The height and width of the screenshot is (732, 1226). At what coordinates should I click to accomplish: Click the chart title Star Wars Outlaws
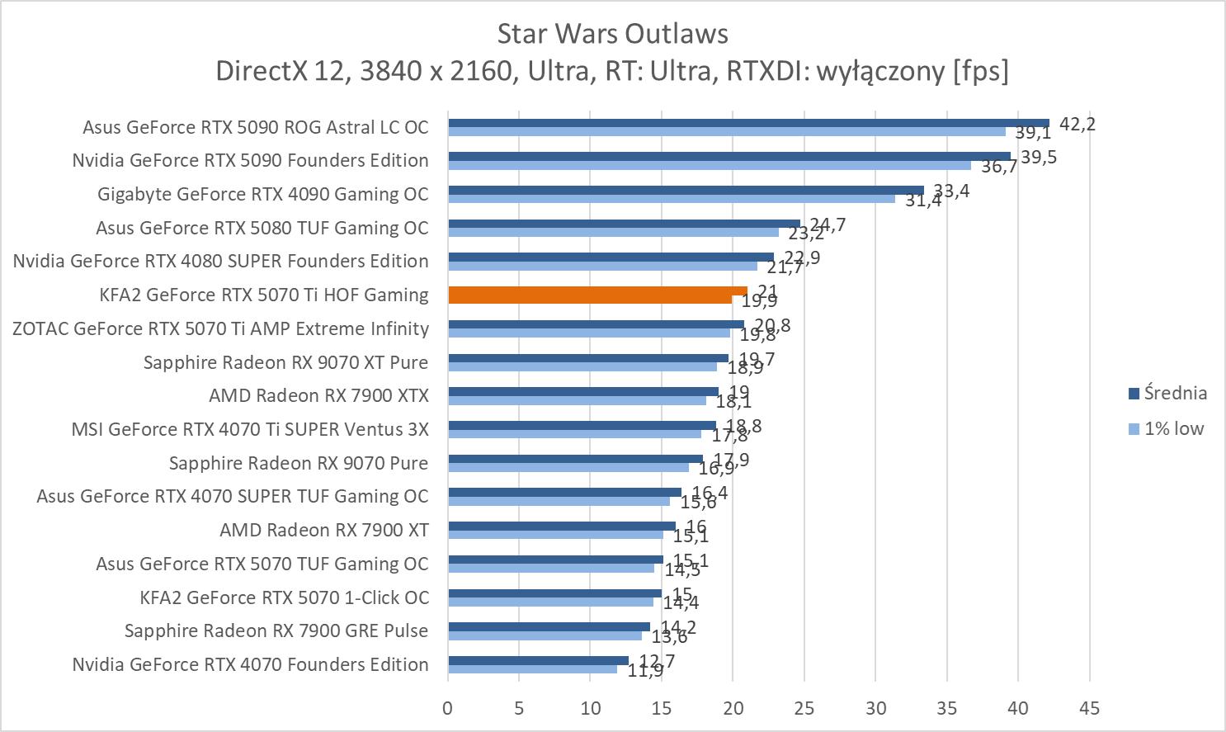(x=612, y=34)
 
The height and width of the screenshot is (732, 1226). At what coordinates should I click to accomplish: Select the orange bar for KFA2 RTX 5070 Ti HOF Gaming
(x=596, y=295)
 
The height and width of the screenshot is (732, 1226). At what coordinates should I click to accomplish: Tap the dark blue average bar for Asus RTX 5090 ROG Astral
(x=747, y=123)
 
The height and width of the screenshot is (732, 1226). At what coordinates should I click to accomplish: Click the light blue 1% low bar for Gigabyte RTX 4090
(x=671, y=198)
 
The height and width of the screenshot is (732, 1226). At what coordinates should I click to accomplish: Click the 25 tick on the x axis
(x=804, y=708)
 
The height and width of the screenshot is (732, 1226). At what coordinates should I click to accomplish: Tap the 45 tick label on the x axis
(x=1089, y=708)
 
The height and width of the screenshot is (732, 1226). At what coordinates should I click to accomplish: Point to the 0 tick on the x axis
(x=448, y=708)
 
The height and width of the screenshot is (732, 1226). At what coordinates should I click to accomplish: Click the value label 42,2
(x=1077, y=125)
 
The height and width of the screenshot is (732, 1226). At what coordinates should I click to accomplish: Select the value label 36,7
(x=999, y=167)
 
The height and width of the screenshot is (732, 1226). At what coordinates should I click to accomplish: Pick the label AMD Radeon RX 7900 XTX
(x=318, y=395)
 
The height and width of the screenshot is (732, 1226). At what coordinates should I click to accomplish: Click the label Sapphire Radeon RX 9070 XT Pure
(x=285, y=362)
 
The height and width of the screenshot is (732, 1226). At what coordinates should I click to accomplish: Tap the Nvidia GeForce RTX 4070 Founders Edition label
(x=250, y=664)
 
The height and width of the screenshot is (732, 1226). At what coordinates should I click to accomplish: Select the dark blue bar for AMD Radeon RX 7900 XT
(x=561, y=526)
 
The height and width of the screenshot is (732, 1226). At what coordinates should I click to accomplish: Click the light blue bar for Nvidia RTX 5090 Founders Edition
(x=709, y=165)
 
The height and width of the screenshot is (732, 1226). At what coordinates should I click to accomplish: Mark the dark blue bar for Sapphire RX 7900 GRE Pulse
(x=549, y=626)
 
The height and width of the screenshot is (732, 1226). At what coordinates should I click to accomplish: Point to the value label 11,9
(x=645, y=671)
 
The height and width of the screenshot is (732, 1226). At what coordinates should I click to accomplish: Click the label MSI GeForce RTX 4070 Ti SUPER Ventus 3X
(x=250, y=429)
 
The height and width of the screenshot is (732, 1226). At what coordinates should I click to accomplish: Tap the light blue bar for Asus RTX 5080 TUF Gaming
(x=613, y=232)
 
